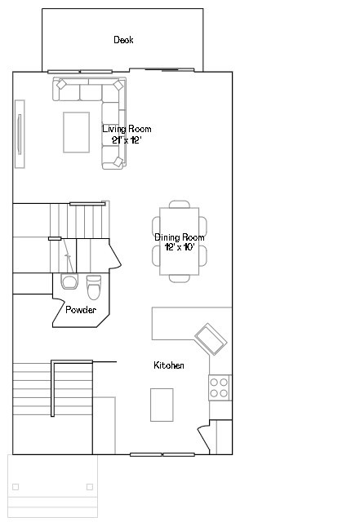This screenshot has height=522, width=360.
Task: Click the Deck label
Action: click(x=123, y=40)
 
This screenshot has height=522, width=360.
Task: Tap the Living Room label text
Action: click(x=127, y=129)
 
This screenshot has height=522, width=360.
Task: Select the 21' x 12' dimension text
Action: click(x=127, y=140)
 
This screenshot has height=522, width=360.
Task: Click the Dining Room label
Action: click(x=180, y=237)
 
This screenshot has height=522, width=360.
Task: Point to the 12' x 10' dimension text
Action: click(x=180, y=247)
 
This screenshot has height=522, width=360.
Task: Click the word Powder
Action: click(x=81, y=310)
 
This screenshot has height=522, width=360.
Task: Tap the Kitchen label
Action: click(x=169, y=365)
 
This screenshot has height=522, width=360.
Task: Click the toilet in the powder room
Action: click(x=94, y=287)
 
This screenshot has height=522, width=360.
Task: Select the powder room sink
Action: click(x=69, y=281)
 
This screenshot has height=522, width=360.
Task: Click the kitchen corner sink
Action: click(x=211, y=339)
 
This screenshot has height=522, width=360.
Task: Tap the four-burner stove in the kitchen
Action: click(x=220, y=388)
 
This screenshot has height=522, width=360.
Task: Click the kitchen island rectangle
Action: click(x=162, y=405)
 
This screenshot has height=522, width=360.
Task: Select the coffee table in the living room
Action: click(x=77, y=132)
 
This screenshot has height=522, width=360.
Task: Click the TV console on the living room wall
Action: click(x=20, y=134)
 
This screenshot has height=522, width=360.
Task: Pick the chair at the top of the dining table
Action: click(x=180, y=205)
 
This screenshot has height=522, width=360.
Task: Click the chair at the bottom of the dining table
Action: click(x=180, y=279)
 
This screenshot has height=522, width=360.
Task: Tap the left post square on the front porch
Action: click(x=16, y=487)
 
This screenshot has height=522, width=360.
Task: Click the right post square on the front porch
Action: click(x=90, y=487)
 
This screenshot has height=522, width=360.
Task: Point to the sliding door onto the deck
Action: click(x=162, y=70)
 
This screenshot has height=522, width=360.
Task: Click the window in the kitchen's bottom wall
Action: click(x=162, y=454)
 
